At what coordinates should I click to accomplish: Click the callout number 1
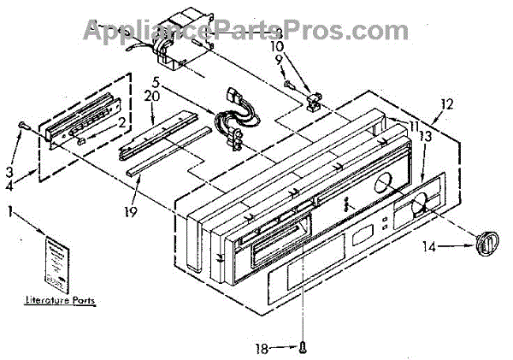(9, 210)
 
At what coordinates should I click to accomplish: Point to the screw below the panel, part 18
(304, 345)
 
